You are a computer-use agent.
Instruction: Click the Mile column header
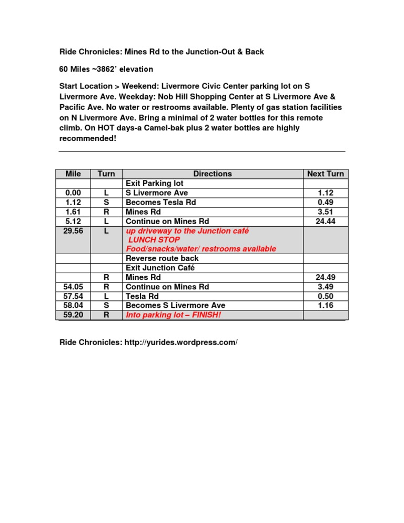pyautogui.click(x=73, y=174)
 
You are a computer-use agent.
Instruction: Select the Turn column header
pyautogui.click(x=106, y=174)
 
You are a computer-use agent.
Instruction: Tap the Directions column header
pyautogui.click(x=212, y=174)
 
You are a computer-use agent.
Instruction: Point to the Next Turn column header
pyautogui.click(x=326, y=174)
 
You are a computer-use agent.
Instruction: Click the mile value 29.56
pyautogui.click(x=73, y=230)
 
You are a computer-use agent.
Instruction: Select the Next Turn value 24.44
pyautogui.click(x=326, y=221)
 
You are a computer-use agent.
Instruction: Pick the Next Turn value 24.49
pyautogui.click(x=326, y=277)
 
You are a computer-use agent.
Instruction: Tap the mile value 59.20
pyautogui.click(x=73, y=315)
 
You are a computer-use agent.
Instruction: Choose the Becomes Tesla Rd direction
pyautogui.click(x=159, y=202)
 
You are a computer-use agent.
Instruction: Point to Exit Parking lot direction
pyautogui.click(x=155, y=183)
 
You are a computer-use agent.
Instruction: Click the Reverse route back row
pyautogui.click(x=162, y=258)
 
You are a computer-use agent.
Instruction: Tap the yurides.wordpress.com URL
pyautogui.click(x=181, y=343)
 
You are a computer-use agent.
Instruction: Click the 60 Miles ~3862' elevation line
pyautogui.click(x=105, y=69)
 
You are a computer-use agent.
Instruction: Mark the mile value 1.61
pyautogui.click(x=73, y=212)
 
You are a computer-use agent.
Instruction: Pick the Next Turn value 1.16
pyautogui.click(x=326, y=306)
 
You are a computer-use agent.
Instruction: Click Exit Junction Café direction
pyautogui.click(x=159, y=268)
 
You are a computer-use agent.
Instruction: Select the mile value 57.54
pyautogui.click(x=73, y=296)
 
